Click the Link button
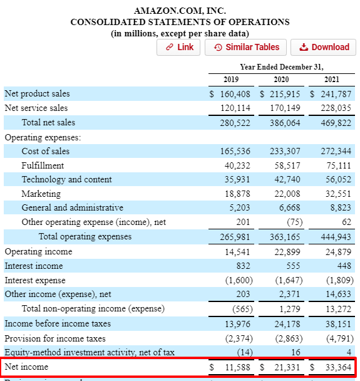tap(179, 47)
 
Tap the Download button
tap(324, 47)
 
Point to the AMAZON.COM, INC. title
tap(180, 10)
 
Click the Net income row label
tap(26, 367)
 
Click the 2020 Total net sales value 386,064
tap(285, 122)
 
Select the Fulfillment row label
tap(43, 165)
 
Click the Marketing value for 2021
tap(339, 194)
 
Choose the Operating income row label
tap(38, 251)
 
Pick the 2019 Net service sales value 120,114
tap(235, 108)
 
